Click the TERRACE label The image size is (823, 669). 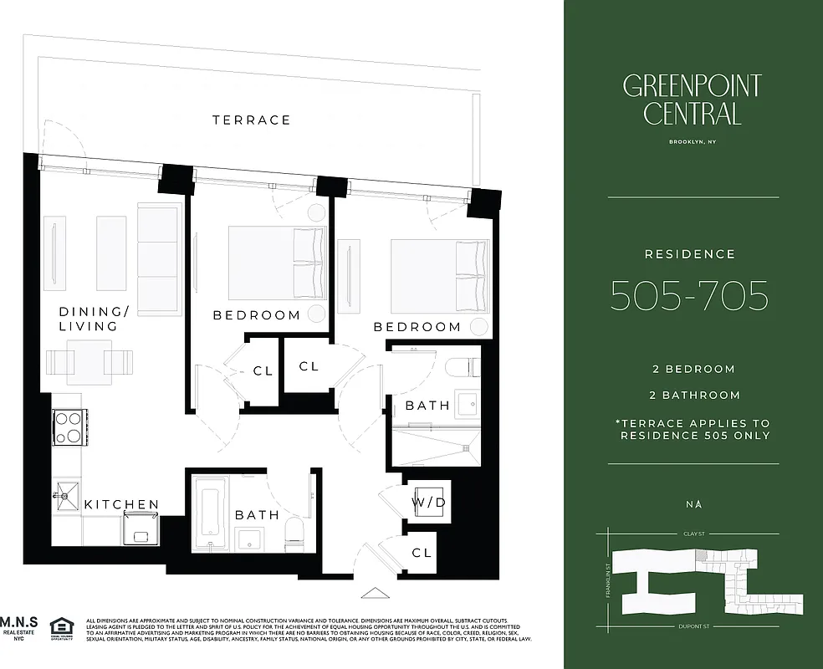(251, 120)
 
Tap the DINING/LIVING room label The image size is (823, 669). (95, 319)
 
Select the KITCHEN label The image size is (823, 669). (121, 504)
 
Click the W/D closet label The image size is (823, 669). (428, 502)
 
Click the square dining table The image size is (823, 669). (89, 361)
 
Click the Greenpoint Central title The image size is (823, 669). (692, 99)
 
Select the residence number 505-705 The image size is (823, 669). (689, 295)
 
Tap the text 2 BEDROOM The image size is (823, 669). (693, 369)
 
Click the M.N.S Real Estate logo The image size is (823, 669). (18, 628)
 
